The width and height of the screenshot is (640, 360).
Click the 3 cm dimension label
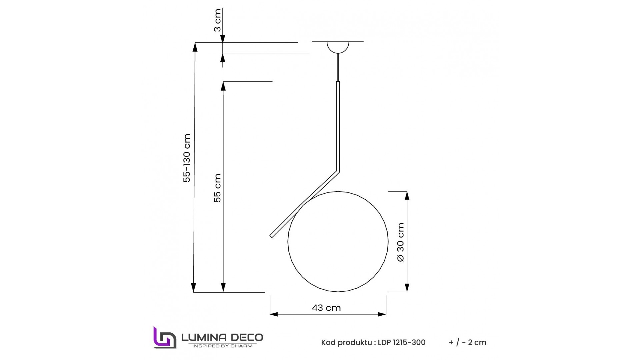click(217, 20)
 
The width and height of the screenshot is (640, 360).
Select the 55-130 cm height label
click(187, 158)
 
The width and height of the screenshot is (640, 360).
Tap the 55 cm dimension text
click(217, 188)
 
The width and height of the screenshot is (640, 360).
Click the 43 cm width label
click(326, 308)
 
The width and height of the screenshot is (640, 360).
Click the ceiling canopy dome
click(338, 47)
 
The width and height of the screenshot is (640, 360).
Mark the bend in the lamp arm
click(338, 171)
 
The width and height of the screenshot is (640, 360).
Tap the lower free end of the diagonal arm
click(271, 236)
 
